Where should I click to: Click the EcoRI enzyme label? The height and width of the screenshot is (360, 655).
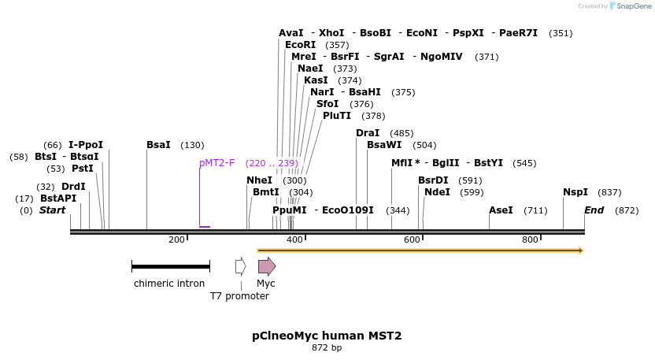(x=300, y=45)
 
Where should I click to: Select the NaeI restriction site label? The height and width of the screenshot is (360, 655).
(x=310, y=69)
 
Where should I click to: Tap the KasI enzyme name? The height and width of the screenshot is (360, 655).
(x=316, y=80)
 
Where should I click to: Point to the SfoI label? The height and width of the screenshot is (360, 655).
(x=327, y=104)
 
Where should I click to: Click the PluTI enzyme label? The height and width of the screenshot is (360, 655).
(x=337, y=116)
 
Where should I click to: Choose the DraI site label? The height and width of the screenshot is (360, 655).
(x=368, y=133)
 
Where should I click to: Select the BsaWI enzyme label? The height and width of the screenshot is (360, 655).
(x=384, y=145)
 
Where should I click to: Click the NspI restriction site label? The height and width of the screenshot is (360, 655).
(x=575, y=192)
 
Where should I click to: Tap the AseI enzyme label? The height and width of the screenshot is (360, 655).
(x=501, y=210)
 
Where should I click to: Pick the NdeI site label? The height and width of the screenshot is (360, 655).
(x=437, y=192)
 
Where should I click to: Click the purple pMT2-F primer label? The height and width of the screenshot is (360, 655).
(x=216, y=163)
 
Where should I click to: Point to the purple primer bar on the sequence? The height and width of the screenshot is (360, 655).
(x=205, y=227)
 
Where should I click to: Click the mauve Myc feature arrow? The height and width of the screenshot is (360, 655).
(x=267, y=266)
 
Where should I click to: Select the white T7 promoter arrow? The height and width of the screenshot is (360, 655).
(x=241, y=266)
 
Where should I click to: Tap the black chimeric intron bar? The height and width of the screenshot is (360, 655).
(x=170, y=267)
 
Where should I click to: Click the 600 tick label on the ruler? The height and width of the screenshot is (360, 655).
(x=412, y=239)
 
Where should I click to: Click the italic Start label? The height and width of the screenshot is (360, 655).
(x=53, y=210)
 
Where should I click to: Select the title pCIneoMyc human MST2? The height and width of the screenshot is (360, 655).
(x=327, y=336)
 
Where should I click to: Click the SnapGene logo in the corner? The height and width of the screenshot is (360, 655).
(x=630, y=6)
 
